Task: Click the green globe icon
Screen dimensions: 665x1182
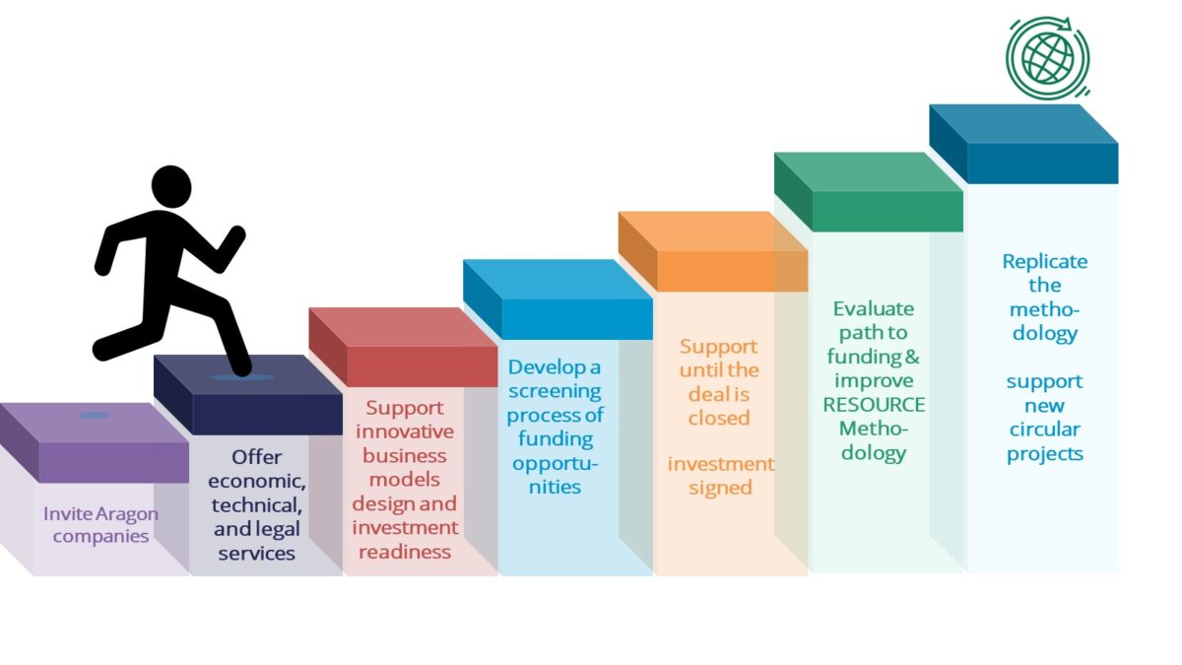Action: [1047, 56]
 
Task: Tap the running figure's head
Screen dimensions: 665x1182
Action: [171, 187]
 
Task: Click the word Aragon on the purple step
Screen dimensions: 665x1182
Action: [129, 513]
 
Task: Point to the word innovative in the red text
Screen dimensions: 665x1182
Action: [405, 432]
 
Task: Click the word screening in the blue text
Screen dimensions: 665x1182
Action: [554, 391]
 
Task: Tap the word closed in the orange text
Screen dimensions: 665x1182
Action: [719, 418]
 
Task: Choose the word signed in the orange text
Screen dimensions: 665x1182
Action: [720, 488]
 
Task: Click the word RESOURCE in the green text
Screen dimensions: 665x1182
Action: [874, 405]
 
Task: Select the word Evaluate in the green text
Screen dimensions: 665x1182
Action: [873, 308]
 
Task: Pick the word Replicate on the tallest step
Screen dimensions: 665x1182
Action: [1044, 262]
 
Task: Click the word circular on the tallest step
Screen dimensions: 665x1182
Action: [1044, 430]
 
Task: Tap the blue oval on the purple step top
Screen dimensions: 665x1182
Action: [95, 416]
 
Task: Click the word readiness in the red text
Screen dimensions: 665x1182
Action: [405, 552]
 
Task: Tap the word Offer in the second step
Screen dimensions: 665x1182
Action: [257, 457]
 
